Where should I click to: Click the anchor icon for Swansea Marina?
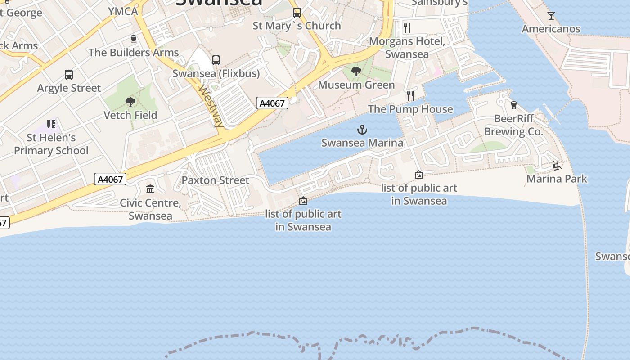click(x=362, y=130)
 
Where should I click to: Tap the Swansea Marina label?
click(x=362, y=143)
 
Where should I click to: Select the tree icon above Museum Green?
click(x=356, y=72)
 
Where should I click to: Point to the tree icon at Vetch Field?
click(x=130, y=102)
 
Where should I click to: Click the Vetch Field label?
click(x=130, y=115)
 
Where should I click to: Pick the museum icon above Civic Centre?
click(x=150, y=189)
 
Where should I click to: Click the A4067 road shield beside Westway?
click(x=272, y=103)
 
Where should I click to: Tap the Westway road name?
click(x=211, y=106)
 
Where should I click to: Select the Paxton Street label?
click(x=215, y=180)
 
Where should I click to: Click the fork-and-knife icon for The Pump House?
click(x=410, y=95)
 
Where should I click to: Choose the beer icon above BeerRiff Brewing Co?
click(x=513, y=105)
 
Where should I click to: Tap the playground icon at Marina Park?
click(x=557, y=166)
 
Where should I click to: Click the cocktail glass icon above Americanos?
click(x=551, y=16)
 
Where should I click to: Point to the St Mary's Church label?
click(x=297, y=26)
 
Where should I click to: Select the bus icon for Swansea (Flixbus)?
click(x=216, y=60)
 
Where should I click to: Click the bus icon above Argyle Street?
click(x=69, y=75)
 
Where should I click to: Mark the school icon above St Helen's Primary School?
click(x=51, y=124)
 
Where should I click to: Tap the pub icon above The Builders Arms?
click(x=133, y=39)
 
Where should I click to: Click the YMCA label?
click(x=123, y=11)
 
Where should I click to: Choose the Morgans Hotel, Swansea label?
click(x=407, y=48)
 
